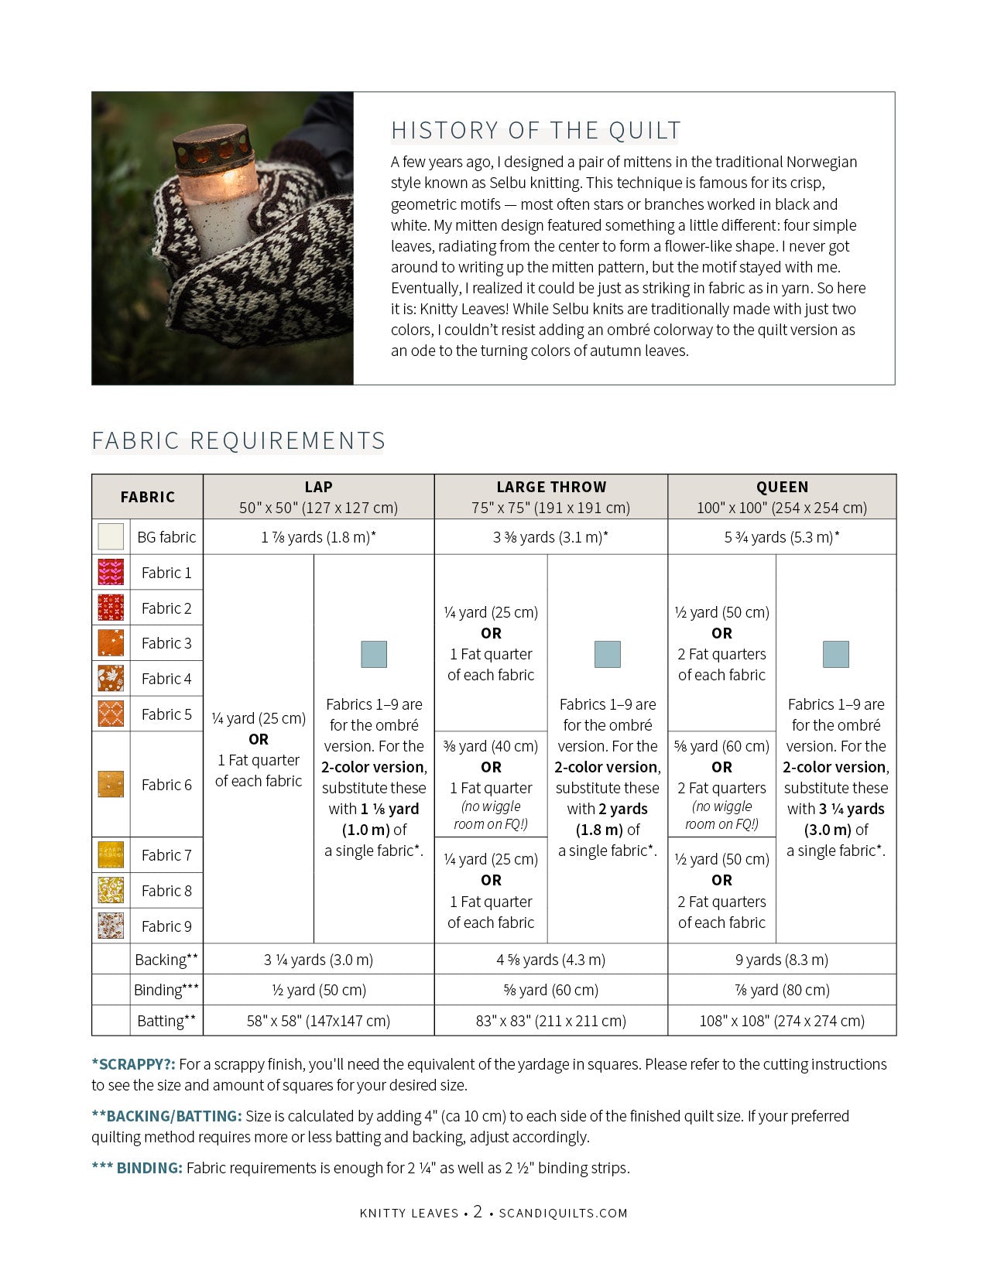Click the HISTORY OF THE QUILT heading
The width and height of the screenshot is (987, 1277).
[x=536, y=131]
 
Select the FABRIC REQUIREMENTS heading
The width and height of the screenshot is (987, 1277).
[x=238, y=441]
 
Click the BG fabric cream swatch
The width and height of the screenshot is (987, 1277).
[x=111, y=537]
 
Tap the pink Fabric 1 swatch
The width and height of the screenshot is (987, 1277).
[x=111, y=573]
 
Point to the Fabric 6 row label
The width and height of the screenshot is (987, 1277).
[x=166, y=785]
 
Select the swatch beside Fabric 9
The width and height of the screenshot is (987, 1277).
[x=111, y=926]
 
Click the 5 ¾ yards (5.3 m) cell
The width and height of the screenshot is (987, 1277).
[x=782, y=537]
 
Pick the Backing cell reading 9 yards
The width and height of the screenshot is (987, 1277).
[x=782, y=960]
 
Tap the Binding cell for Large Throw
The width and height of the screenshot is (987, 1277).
[x=551, y=990]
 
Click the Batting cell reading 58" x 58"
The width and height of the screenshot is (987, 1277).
[x=318, y=1021]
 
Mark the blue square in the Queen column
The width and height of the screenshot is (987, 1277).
[x=836, y=655]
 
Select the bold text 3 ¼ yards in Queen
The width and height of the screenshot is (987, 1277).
[x=852, y=809]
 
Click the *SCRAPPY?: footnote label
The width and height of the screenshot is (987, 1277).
[x=133, y=1065]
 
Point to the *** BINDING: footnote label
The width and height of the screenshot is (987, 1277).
[x=137, y=1169]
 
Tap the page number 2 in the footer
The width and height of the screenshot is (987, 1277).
[x=478, y=1212]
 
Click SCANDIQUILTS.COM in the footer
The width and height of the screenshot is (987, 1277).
[x=563, y=1214]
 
